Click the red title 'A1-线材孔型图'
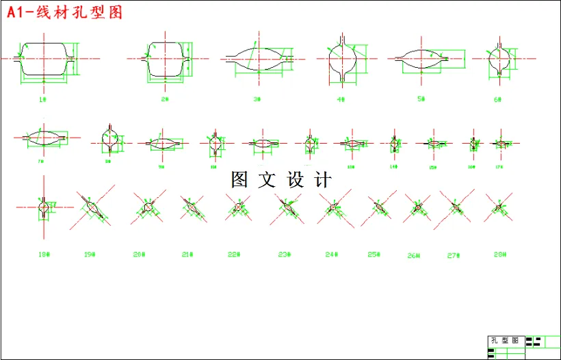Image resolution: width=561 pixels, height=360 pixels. pos(65,13)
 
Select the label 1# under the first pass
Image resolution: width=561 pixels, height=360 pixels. pos(42,99)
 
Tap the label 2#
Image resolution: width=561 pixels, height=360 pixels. pos(165,99)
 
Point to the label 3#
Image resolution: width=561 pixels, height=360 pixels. pos(257,99)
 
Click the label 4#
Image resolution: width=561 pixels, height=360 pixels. pos(340,99)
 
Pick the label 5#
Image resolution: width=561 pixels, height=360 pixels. pos(421,99)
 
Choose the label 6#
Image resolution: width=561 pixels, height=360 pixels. pos(498,99)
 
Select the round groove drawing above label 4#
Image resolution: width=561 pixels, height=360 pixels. pos(342,59)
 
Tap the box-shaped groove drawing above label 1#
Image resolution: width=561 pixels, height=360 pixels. pos(44,58)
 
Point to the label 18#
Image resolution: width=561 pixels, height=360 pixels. pos(44,255)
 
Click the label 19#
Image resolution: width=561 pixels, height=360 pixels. pos(89,255)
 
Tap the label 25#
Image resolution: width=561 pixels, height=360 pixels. pos(374,255)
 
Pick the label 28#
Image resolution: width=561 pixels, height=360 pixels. pos(500,255)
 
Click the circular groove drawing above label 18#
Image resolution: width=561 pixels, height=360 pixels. pos(44,206)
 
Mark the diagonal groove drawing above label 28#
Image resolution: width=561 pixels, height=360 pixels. pos(498,206)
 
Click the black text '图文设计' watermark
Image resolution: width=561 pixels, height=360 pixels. pos(281,180)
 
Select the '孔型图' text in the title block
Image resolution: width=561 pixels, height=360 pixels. pos(506,341)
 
